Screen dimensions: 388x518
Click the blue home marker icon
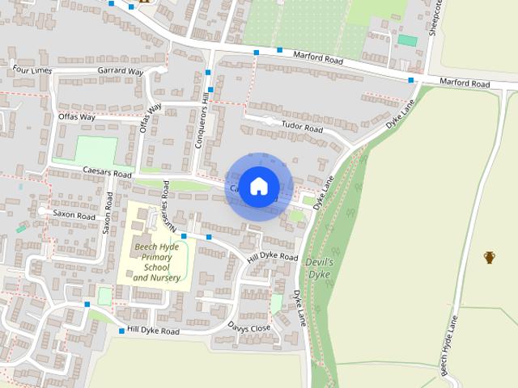click(x=257, y=186)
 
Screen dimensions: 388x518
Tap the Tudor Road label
click(x=302, y=128)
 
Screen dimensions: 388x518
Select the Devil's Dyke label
click(x=320, y=268)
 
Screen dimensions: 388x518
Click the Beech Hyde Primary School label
click(x=157, y=260)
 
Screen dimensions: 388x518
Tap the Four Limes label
click(x=32, y=70)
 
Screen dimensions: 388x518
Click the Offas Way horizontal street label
click(x=77, y=117)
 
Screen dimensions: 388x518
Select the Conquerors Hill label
click(x=204, y=121)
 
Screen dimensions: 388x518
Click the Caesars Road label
click(x=106, y=173)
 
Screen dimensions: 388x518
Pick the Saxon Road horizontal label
click(x=74, y=213)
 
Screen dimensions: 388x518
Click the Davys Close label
click(x=248, y=328)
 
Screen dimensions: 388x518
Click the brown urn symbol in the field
click(x=489, y=258)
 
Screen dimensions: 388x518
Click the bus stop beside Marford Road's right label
click(x=412, y=80)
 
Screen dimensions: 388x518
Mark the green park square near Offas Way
click(x=96, y=150)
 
